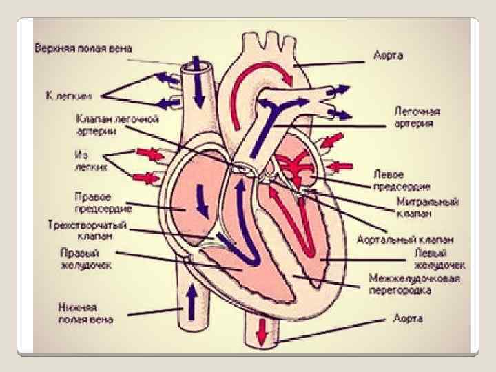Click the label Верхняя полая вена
84,49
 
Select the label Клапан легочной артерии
117,124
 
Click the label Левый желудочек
439,258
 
